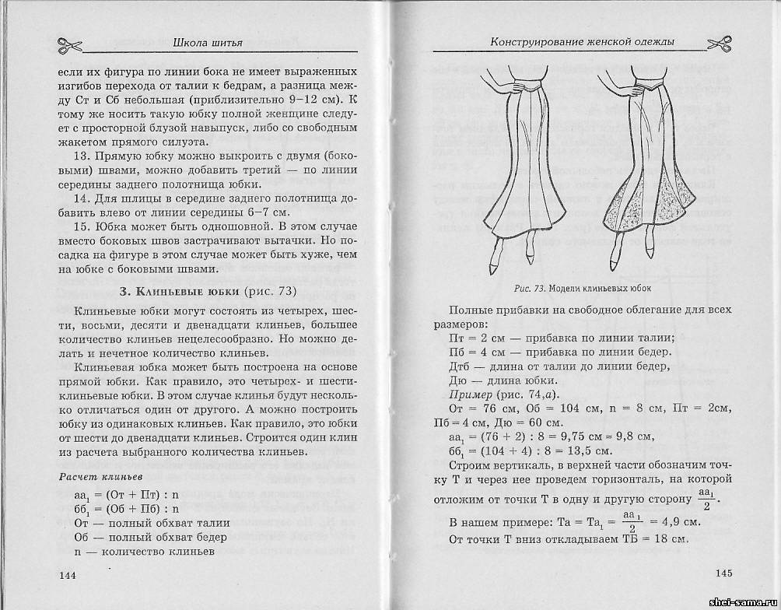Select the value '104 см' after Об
pyautogui.click(x=571, y=408)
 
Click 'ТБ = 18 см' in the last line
pyautogui.click(x=650, y=539)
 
